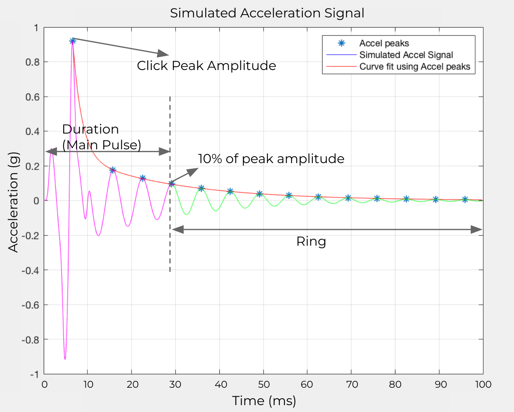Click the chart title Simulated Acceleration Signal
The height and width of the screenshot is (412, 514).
tap(267, 13)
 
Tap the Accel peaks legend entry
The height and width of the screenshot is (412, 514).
tap(384, 43)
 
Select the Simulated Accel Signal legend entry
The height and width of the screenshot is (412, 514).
tap(406, 55)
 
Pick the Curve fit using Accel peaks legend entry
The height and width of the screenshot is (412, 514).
tap(414, 67)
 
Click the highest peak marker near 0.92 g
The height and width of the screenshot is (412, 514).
tap(72, 41)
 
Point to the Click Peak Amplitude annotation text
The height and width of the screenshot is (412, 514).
tap(206, 66)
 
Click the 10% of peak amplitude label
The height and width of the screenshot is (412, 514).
tap(271, 159)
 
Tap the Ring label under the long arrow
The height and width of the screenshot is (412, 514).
tap(311, 242)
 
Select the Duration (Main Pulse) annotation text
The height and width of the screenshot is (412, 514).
tap(101, 137)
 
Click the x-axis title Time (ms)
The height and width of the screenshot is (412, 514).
tap(264, 401)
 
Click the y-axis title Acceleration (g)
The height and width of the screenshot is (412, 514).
tap(13, 202)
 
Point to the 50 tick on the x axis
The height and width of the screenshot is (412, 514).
tap(263, 384)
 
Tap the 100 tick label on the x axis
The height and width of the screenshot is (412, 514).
tap(483, 384)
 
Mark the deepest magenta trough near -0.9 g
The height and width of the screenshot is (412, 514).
tap(65, 359)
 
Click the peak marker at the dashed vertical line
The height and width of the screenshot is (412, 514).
tap(172, 184)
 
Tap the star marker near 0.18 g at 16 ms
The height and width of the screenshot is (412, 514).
tap(113, 170)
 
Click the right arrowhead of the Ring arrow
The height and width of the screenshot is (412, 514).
tap(478, 229)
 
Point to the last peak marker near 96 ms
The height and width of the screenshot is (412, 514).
tap(465, 200)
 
